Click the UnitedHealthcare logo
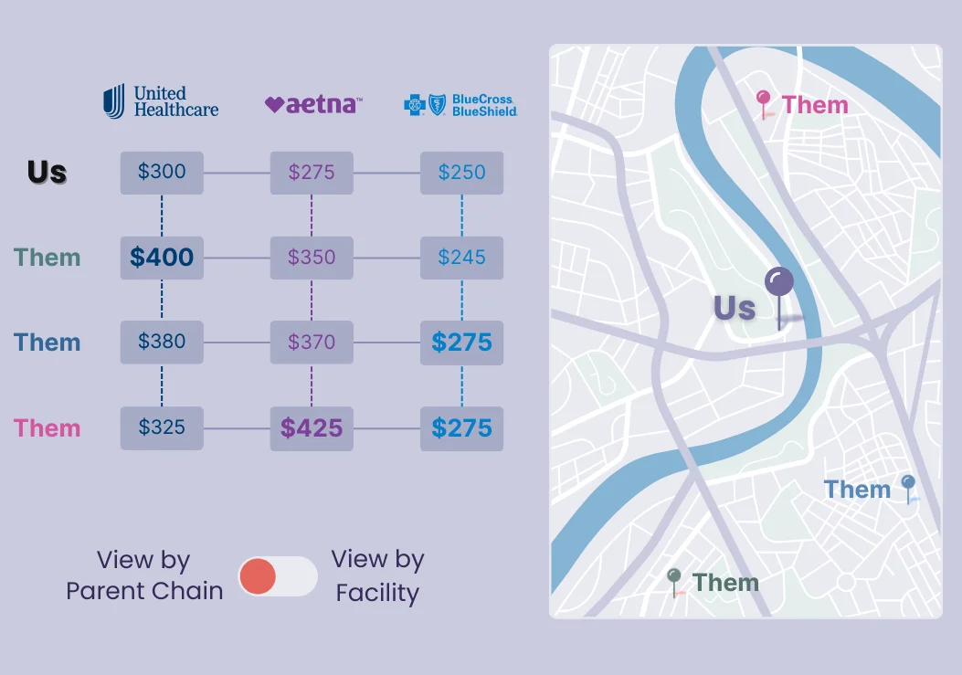coord(161,101)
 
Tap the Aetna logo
coord(312,104)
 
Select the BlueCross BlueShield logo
coord(460,104)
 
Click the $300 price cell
coord(162,172)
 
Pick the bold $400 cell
coord(162,258)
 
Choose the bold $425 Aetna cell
coord(312,428)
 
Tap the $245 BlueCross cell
coord(461,258)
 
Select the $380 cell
coord(162,342)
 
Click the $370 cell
coord(312,343)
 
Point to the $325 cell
coord(162,427)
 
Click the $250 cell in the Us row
coord(461,173)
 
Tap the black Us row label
coord(47,172)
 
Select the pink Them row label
coord(48,427)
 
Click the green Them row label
coord(48,258)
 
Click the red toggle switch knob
coord(258,576)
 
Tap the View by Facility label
coord(377,576)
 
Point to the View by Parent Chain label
coord(144,576)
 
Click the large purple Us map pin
coord(778,283)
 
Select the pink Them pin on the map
coord(764,100)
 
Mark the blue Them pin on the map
coord(908,484)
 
